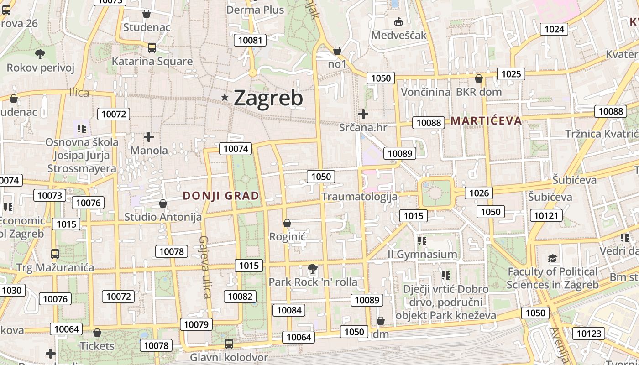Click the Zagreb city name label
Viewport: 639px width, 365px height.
(x=268, y=98)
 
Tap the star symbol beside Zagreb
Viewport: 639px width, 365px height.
(x=225, y=97)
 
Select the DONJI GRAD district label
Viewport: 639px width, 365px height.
(x=221, y=196)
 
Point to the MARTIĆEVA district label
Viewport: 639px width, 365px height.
(x=486, y=121)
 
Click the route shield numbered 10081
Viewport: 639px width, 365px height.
(x=251, y=40)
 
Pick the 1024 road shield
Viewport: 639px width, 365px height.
(x=554, y=29)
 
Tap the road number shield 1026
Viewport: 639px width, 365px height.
(x=479, y=193)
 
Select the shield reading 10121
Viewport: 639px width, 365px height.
(x=546, y=215)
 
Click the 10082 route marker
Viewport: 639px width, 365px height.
(x=240, y=297)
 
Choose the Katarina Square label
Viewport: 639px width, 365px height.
(x=152, y=61)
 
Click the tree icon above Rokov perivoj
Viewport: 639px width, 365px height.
(x=40, y=54)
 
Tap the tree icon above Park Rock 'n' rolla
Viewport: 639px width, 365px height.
(x=312, y=268)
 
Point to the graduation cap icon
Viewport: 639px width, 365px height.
(x=552, y=258)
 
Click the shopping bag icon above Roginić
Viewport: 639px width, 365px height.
(x=287, y=223)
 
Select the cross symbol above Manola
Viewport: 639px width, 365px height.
(x=148, y=136)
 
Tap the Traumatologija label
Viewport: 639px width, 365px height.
(x=359, y=197)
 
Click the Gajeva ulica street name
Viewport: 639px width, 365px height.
(x=204, y=267)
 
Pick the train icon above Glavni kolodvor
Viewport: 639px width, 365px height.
(x=229, y=344)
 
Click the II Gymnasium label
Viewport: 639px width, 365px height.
(x=422, y=254)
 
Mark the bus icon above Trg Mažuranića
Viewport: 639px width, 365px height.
(x=55, y=254)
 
